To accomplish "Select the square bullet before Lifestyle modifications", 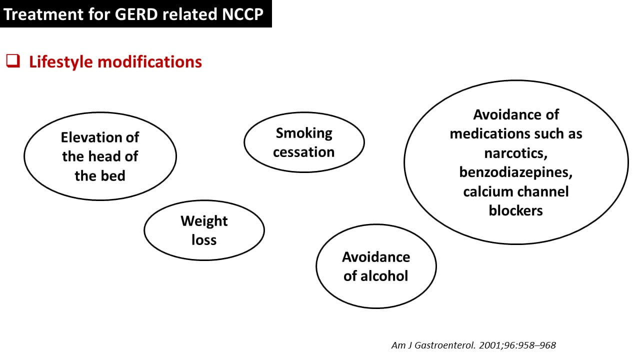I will (12, 61).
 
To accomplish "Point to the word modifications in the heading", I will (150, 62).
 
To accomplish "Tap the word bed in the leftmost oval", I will (114, 175).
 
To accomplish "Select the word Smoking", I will (304, 133).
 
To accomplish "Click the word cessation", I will (304, 151).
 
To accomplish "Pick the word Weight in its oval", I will (204, 220).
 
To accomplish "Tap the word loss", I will (204, 239).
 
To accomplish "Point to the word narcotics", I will (515, 153).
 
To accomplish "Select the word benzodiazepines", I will (515, 172).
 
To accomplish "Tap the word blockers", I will (515, 210).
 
